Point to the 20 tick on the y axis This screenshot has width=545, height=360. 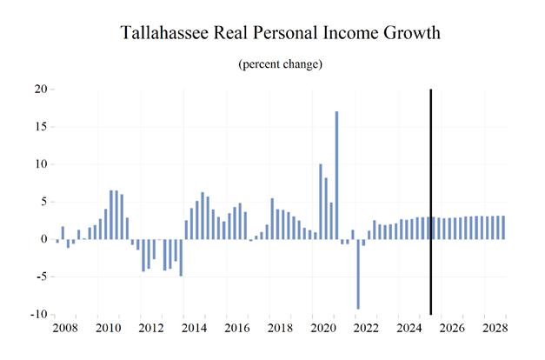click(39, 89)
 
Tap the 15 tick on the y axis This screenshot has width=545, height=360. click(39, 126)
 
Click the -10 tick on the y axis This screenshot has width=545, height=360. click(37, 315)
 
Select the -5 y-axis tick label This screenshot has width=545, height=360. click(40, 277)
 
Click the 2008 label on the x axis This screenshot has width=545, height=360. click(66, 329)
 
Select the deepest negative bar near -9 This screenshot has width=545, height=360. click(358, 274)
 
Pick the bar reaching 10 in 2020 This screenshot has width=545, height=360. click(321, 201)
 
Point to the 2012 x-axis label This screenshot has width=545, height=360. click(151, 329)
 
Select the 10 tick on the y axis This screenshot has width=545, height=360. click(39, 164)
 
